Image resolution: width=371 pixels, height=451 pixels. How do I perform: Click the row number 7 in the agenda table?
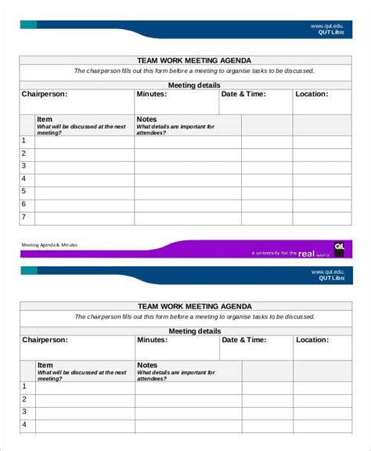(x=23, y=217)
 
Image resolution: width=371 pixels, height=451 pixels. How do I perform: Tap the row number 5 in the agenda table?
(x=23, y=191)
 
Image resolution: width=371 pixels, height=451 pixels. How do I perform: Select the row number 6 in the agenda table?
(x=23, y=204)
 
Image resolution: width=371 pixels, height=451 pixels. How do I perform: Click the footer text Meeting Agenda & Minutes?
(x=49, y=244)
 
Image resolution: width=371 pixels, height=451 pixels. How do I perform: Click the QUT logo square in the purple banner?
(x=339, y=248)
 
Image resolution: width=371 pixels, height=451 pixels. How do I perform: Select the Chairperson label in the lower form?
(x=45, y=340)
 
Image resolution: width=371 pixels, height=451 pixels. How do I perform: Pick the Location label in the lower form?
(x=312, y=340)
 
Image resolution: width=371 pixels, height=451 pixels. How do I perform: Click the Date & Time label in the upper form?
(x=243, y=94)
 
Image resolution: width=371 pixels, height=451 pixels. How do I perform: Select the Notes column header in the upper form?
(x=146, y=120)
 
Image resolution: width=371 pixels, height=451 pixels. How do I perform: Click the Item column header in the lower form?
(x=45, y=365)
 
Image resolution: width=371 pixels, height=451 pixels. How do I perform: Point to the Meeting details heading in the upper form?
(x=194, y=85)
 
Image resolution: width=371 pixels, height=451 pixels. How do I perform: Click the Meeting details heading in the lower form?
(x=194, y=330)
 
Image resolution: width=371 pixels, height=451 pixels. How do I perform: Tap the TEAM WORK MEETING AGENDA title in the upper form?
(x=194, y=60)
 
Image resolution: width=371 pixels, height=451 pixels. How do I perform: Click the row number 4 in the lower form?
(x=24, y=424)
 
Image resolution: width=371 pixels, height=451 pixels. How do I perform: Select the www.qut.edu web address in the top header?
(x=326, y=27)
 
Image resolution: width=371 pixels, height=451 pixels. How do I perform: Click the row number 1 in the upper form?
(x=23, y=140)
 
